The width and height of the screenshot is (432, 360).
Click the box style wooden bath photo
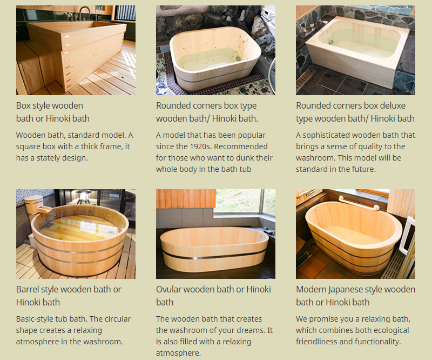76,50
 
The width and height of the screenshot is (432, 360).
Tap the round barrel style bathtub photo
76,234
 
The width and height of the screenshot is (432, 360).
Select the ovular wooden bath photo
215,234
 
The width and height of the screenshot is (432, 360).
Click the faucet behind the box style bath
85,13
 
